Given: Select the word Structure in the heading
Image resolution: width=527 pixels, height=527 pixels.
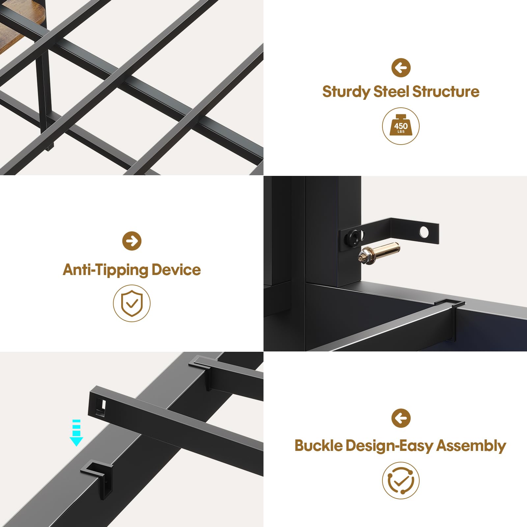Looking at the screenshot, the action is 446,91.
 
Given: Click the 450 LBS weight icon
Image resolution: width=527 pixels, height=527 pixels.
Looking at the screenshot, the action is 401,126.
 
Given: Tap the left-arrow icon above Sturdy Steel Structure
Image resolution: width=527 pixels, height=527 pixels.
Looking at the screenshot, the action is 401,68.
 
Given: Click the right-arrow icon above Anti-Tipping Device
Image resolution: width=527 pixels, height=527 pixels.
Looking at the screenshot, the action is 132,241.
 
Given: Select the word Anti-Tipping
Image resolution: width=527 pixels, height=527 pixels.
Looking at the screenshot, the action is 105,270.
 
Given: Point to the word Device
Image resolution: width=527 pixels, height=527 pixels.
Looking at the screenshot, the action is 176,269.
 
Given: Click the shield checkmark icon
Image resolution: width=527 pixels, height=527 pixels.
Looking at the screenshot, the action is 132,303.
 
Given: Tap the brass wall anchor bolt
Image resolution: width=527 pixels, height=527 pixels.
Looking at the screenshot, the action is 379,252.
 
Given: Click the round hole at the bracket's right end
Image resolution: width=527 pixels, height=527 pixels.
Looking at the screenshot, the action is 424,232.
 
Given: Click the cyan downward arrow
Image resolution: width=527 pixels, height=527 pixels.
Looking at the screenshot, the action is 76,433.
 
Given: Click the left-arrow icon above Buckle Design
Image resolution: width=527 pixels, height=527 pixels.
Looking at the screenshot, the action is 401,418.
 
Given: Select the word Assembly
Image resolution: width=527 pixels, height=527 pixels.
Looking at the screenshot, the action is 471,446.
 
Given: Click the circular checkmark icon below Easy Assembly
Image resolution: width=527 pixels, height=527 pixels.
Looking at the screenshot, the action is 401,481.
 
